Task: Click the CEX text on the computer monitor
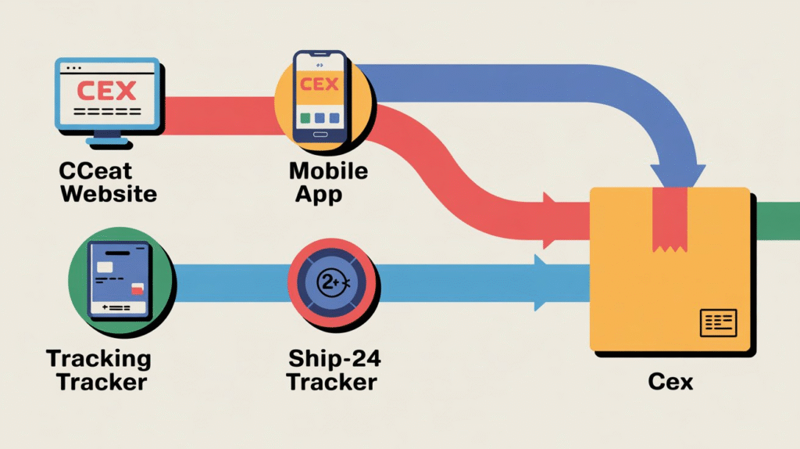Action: click(106, 90)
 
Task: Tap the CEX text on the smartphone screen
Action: click(319, 84)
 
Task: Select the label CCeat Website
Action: click(109, 181)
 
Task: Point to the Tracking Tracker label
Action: click(98, 371)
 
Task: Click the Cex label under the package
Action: click(670, 383)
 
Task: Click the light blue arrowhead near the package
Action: click(548, 282)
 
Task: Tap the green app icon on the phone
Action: click(305, 118)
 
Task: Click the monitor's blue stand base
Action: click(107, 142)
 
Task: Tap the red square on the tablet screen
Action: click(137, 289)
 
